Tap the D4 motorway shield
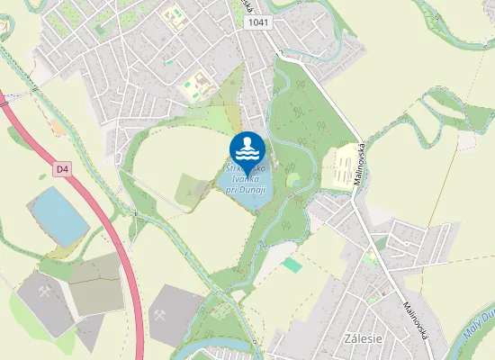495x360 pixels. coord(62,168)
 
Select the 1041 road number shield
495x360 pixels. coord(257,22)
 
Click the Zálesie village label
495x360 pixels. coord(364,338)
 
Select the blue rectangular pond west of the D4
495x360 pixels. coord(59,215)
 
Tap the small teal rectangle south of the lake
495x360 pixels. coord(292,265)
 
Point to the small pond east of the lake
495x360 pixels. coord(293,181)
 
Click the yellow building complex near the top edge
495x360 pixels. coord(173,17)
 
